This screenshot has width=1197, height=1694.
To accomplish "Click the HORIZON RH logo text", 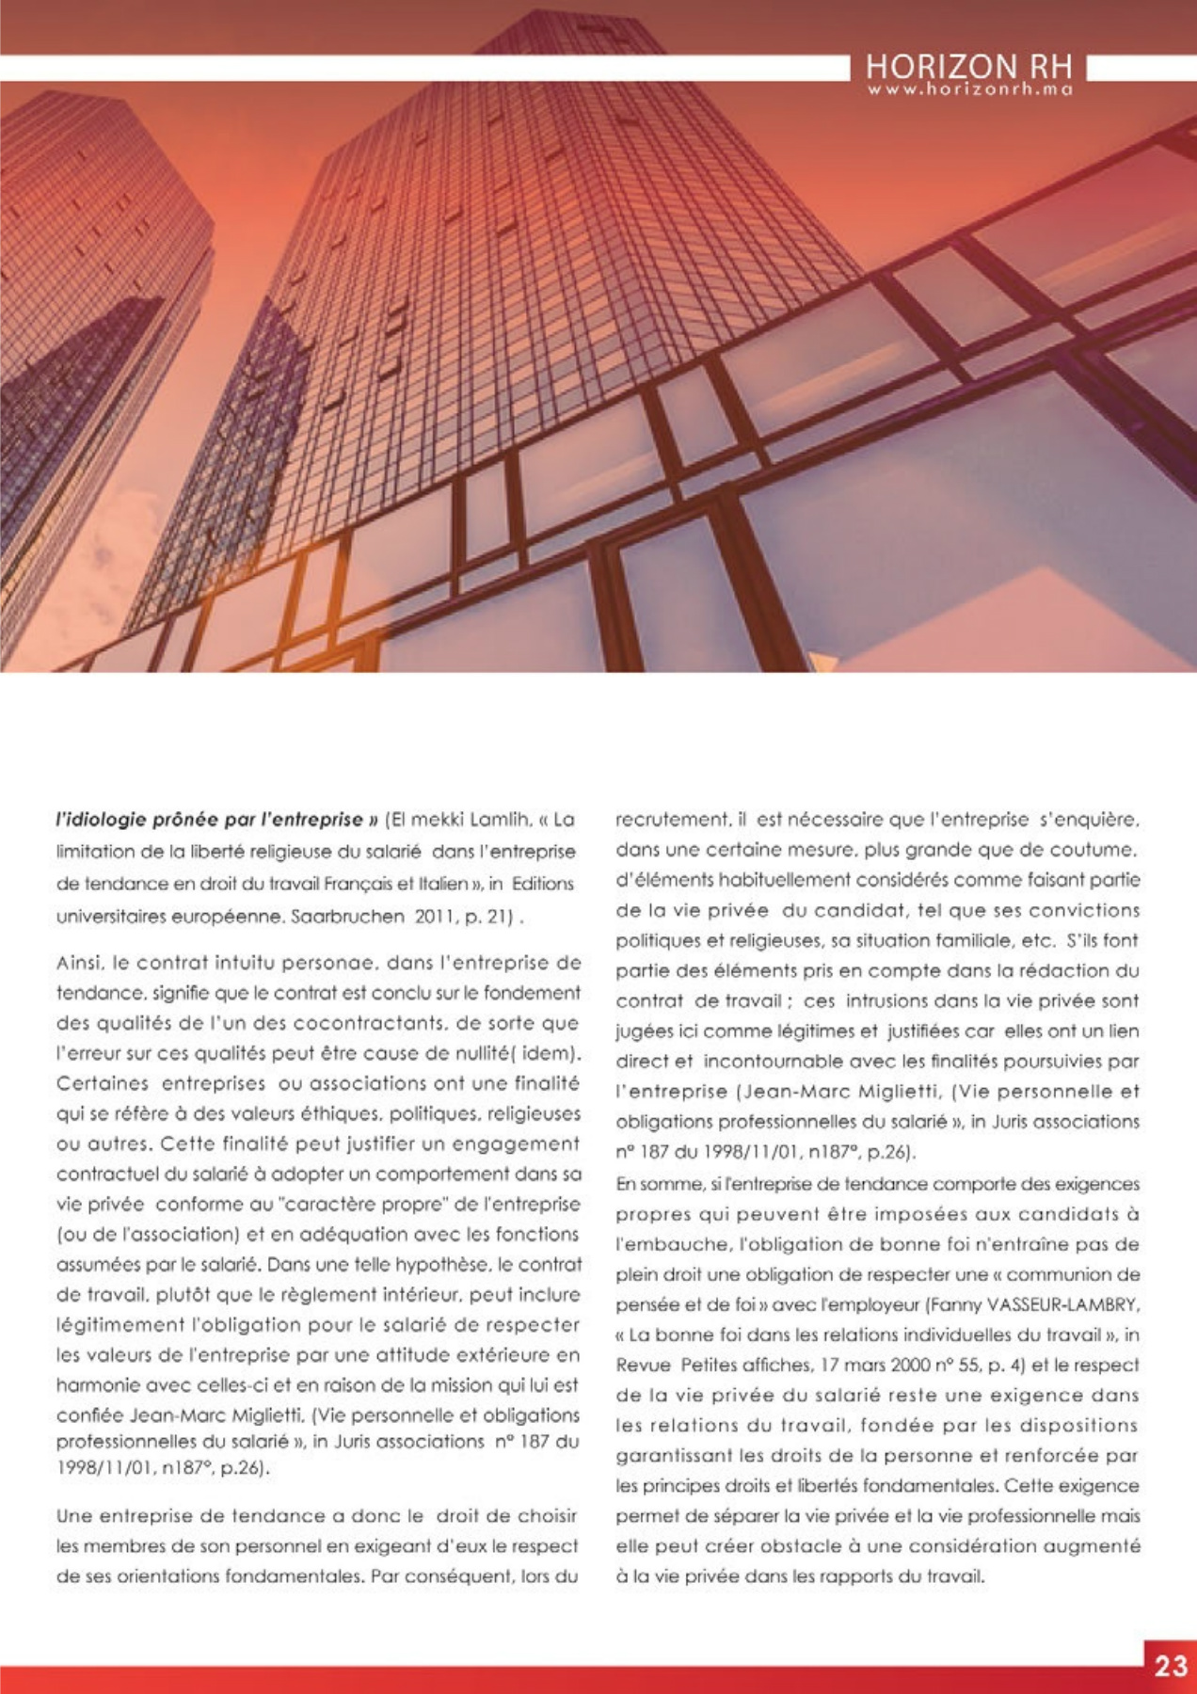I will tap(968, 68).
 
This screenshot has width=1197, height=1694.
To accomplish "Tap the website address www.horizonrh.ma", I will tap(968, 89).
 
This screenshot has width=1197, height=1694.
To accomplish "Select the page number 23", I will tap(1171, 1666).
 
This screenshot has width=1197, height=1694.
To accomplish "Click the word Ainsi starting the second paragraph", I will tap(79, 963).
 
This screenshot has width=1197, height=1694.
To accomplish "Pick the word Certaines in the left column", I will tap(103, 1083).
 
